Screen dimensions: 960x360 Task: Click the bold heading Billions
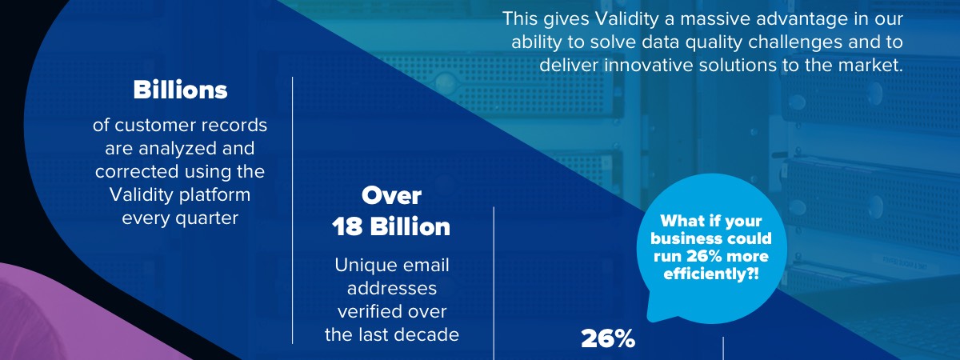tap(180, 90)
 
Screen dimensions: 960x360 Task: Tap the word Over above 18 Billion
tap(391, 195)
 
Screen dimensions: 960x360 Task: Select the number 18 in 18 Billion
tap(347, 226)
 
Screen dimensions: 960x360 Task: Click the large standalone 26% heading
tap(608, 339)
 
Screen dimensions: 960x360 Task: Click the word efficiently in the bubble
tap(704, 274)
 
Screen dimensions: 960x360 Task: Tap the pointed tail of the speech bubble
tap(650, 316)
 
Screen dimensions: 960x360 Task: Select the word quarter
tap(206, 218)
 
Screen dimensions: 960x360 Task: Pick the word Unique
tap(362, 266)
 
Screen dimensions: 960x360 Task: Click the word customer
tap(155, 126)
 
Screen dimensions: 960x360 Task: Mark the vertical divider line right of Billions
tap(293, 210)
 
